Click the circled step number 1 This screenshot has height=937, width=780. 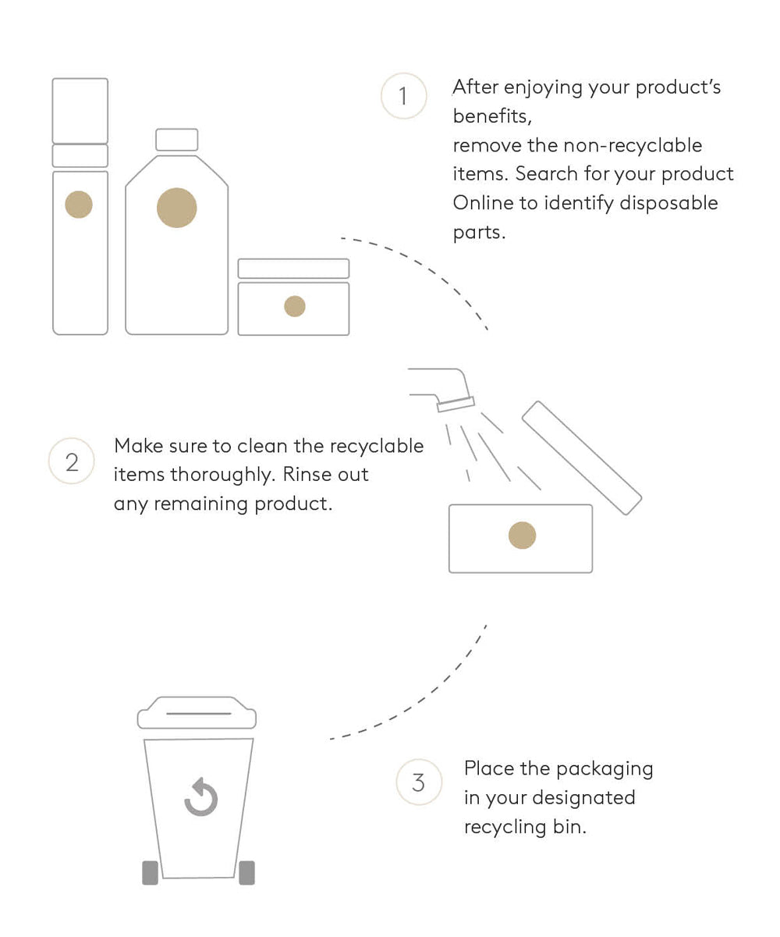pyautogui.click(x=403, y=95)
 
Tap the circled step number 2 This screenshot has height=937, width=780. pyautogui.click(x=71, y=461)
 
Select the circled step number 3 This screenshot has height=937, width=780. pyautogui.click(x=419, y=782)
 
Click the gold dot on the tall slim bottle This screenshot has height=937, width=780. pyautogui.click(x=79, y=204)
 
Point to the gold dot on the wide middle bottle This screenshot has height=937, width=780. pyautogui.click(x=176, y=208)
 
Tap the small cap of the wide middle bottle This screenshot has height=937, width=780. pyautogui.click(x=176, y=140)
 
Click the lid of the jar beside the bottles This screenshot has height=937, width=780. pyautogui.click(x=293, y=269)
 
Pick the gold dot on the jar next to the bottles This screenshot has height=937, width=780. pyautogui.click(x=295, y=306)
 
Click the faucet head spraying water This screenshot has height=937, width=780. pyautogui.click(x=456, y=404)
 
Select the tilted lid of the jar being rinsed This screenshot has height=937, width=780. pyautogui.click(x=581, y=458)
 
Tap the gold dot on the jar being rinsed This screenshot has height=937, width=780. pyautogui.click(x=522, y=535)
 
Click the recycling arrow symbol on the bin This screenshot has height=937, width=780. pyautogui.click(x=200, y=796)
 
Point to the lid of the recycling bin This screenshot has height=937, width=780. pyautogui.click(x=197, y=713)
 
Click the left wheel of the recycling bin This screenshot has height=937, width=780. pyautogui.click(x=150, y=872)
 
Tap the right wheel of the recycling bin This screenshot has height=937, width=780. pyautogui.click(x=246, y=872)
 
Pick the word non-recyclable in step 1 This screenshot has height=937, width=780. pyautogui.click(x=632, y=145)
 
